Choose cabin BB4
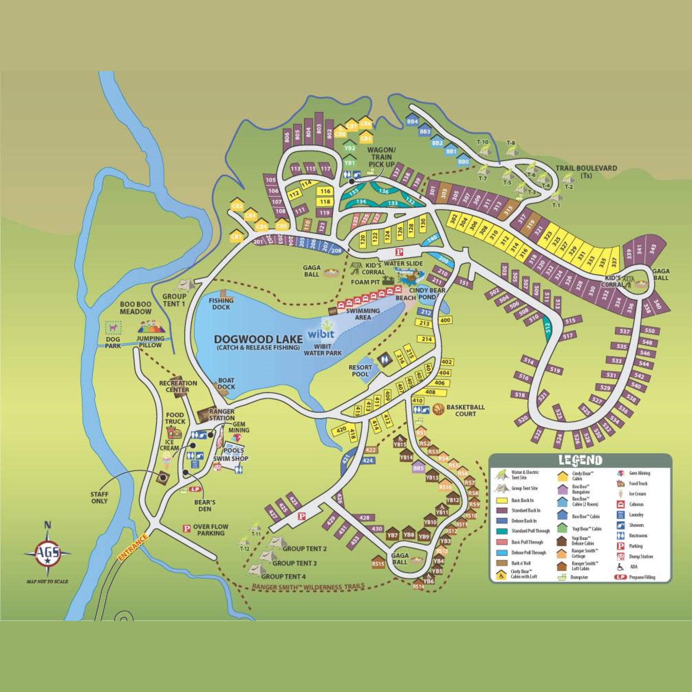tap(413, 121)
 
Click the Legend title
tap(580, 460)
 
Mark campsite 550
tap(649, 330)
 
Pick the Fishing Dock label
tap(221, 304)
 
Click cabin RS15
tap(378, 564)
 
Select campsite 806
tap(286, 137)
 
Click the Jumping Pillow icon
tap(150, 327)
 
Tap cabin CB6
tap(366, 124)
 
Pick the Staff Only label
tap(99, 498)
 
